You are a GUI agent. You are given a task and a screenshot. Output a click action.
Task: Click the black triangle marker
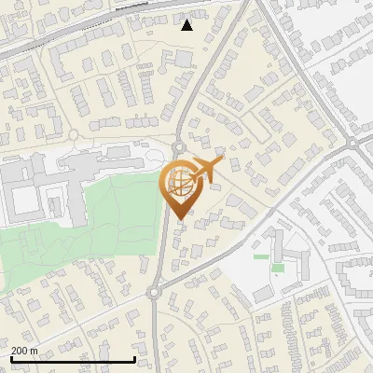187,25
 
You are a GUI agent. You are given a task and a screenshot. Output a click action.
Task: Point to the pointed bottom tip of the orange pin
179,219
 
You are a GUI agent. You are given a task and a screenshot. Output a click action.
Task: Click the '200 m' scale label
24,351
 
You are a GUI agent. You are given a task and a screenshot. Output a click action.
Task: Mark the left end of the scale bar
10,359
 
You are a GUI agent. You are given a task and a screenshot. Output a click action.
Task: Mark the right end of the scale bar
136,359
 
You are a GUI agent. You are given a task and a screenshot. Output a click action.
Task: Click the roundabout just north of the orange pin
178,146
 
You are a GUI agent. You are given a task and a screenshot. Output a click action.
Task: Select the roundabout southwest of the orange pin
154,293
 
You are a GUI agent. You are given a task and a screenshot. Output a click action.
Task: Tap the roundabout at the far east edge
352,144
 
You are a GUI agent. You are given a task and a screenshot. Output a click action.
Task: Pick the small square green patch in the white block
278,269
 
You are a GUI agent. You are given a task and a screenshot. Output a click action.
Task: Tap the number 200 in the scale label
19,351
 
